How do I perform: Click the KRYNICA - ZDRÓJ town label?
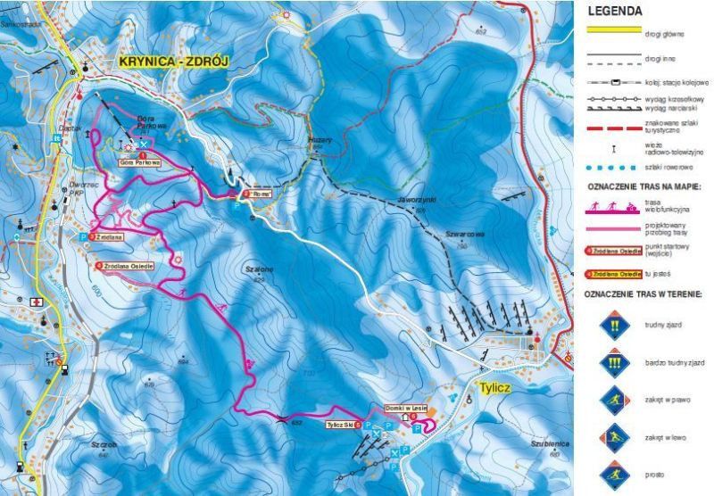click(174, 62)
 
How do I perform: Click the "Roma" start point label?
click(259, 194)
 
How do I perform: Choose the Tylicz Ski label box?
click(344, 425)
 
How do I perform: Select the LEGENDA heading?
click(616, 12)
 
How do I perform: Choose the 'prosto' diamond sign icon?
click(615, 472)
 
